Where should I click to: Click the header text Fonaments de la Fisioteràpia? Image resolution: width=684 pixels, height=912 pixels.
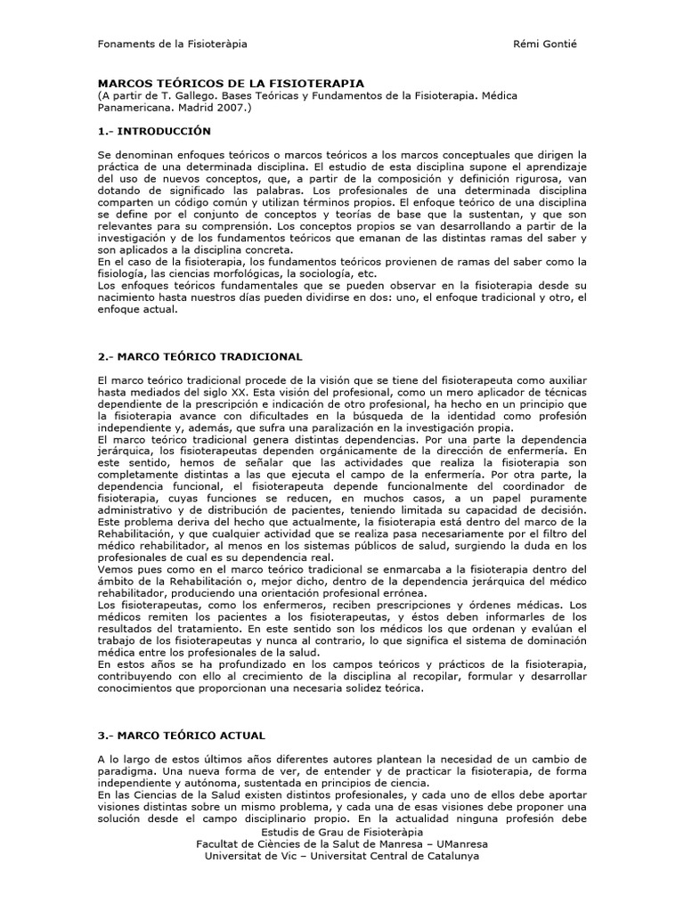pos(172,44)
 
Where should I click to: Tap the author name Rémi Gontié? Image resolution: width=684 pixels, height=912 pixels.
pos(546,44)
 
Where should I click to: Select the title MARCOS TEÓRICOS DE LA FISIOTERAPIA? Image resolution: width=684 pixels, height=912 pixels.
pos(231,82)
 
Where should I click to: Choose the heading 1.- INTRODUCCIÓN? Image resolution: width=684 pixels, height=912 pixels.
pos(154,131)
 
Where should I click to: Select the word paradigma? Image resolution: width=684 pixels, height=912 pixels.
pos(126,771)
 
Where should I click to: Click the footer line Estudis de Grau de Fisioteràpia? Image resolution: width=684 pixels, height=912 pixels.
pos(342,831)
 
